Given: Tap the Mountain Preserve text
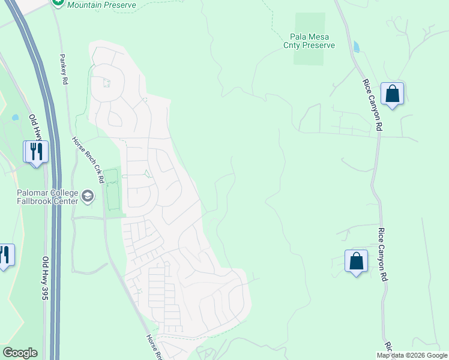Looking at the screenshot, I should [101, 5].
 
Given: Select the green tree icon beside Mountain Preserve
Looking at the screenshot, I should [58, 2].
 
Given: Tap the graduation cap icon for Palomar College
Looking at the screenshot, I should [88, 196].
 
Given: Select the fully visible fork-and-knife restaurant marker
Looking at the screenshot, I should [35, 152].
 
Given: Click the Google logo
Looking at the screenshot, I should [20, 353].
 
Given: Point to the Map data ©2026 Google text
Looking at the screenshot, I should [412, 355].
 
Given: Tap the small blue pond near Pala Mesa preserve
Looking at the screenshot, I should [357, 46].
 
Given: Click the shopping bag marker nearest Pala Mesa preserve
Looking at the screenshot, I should [392, 95].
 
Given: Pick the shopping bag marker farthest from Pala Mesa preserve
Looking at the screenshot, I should [356, 262].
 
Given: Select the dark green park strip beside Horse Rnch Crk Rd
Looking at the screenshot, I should [112, 191].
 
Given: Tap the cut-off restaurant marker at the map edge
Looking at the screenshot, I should [5, 256].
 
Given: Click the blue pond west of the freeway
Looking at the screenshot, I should [15, 118].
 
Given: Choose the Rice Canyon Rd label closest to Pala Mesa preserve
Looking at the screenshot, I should [372, 105].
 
